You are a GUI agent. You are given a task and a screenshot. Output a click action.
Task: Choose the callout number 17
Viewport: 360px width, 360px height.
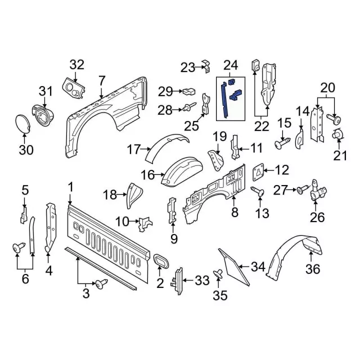click(x=133, y=150)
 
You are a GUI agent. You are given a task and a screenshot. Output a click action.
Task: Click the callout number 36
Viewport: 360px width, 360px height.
click(x=313, y=269)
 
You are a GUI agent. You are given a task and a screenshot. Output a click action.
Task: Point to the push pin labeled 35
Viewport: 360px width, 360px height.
click(x=219, y=274)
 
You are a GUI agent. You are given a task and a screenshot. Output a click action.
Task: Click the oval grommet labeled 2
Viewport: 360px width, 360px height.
click(x=161, y=263)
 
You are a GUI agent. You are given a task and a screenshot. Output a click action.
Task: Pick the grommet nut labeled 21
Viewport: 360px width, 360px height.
click(x=338, y=135)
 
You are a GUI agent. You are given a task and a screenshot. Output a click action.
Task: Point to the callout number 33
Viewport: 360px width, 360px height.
click(x=201, y=279)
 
